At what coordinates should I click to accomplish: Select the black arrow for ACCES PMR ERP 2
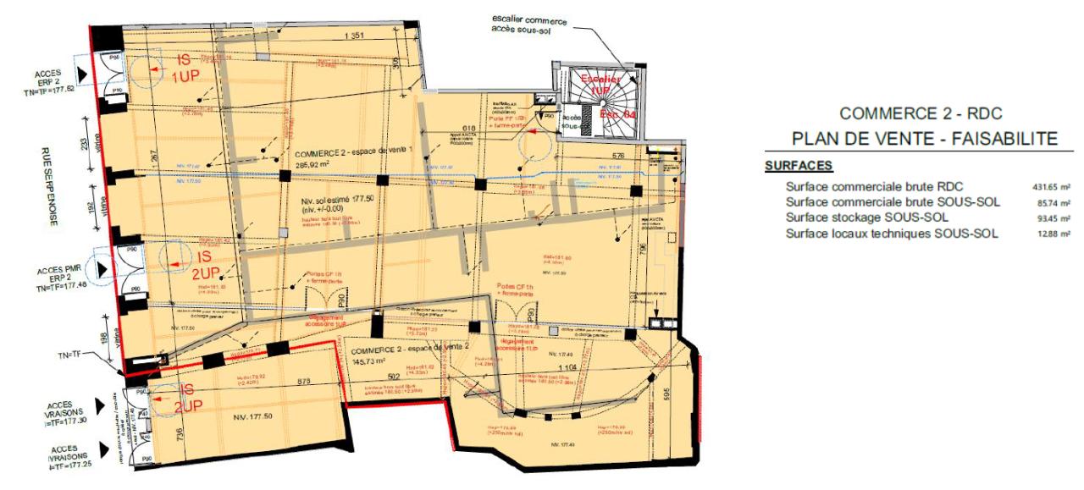coord(103,268)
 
